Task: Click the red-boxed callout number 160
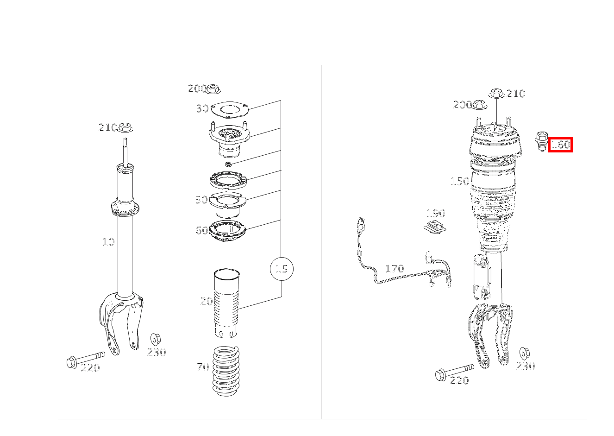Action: tap(560, 145)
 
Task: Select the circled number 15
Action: tap(282, 269)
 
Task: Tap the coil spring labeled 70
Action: tap(226, 371)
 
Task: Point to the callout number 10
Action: tap(108, 242)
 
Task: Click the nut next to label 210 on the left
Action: tap(125, 127)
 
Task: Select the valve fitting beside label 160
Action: tap(541, 141)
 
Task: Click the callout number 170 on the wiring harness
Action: tap(395, 268)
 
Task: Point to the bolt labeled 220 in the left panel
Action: tap(86, 359)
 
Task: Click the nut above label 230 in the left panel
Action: tap(156, 340)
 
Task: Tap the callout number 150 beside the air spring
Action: tap(460, 181)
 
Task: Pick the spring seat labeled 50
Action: tap(227, 205)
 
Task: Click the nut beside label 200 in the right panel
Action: tap(479, 105)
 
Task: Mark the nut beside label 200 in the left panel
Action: tap(213, 89)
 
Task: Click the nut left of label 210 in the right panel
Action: tap(496, 93)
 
